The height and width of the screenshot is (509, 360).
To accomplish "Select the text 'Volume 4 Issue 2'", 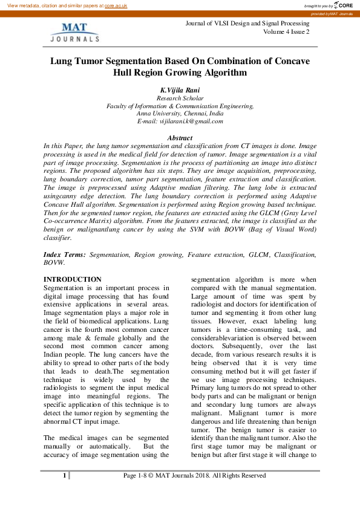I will [286, 31].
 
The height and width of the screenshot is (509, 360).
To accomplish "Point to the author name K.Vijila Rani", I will [180, 90].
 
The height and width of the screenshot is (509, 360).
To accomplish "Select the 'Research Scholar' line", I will [180, 98].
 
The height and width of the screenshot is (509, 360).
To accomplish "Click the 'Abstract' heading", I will [180, 138].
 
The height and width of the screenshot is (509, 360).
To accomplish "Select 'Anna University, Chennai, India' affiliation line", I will [180, 113].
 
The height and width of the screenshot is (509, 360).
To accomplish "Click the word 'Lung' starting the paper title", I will [61, 62].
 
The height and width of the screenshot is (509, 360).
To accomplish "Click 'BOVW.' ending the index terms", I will [55, 264].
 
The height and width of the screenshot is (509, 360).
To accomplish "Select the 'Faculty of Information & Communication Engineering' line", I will [180, 106].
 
